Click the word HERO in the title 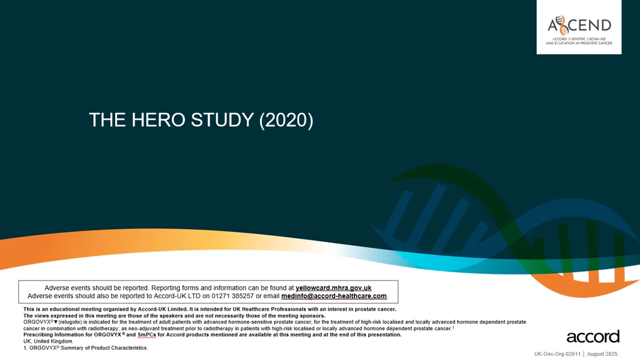click(x=158, y=120)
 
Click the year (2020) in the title click(x=286, y=120)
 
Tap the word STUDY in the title click(x=223, y=120)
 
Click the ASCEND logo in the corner click(x=579, y=27)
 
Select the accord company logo click(x=593, y=337)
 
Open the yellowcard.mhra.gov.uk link click(x=334, y=288)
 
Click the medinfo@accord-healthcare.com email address click(x=334, y=296)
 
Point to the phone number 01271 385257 click(x=232, y=296)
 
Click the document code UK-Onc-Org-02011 click(x=557, y=354)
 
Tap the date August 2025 click(x=603, y=354)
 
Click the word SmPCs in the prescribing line click(x=147, y=334)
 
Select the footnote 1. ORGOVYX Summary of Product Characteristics click(x=85, y=348)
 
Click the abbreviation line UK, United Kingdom click(x=48, y=341)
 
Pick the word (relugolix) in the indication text click(x=70, y=322)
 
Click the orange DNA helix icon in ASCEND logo click(x=563, y=25)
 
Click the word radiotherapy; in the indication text click(x=104, y=329)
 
